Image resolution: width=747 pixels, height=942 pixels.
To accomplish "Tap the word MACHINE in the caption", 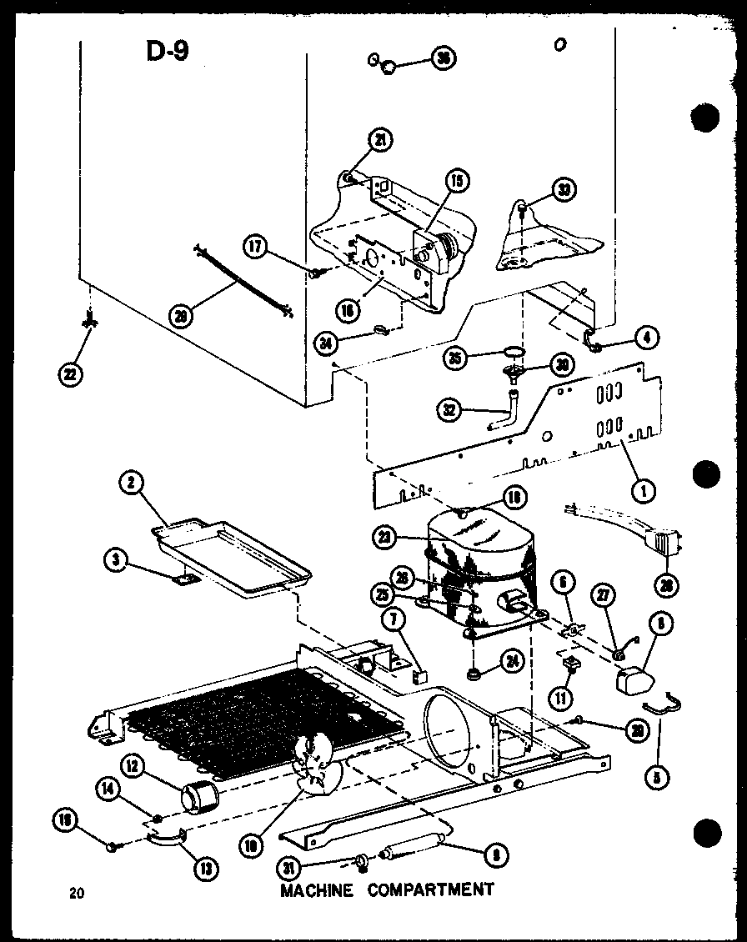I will point(316,889).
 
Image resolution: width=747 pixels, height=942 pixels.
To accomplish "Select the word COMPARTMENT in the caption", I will point(431,889).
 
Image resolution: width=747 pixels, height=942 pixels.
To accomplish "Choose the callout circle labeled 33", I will point(564,189).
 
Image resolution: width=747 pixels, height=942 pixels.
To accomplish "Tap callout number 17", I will point(256,246).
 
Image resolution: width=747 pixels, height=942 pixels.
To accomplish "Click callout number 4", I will point(646,338).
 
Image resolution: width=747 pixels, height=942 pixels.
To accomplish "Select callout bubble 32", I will point(451,409).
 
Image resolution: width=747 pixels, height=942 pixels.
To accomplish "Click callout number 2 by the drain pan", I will point(132,480).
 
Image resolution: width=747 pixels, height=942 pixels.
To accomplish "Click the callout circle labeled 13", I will point(203,868).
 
